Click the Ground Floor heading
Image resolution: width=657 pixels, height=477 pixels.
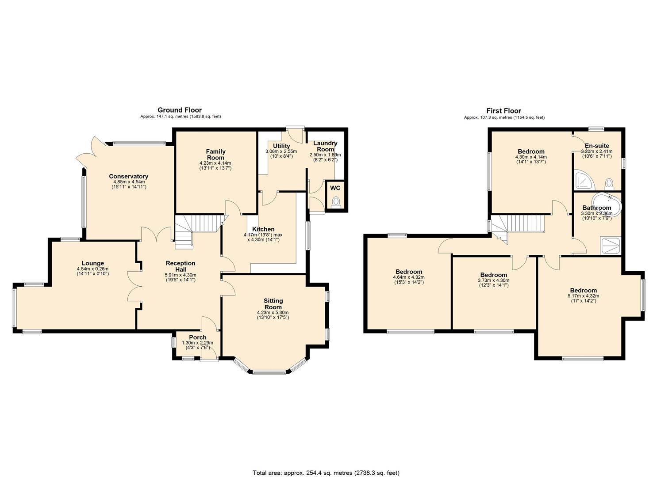coord(180,110)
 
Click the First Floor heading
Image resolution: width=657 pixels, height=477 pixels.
coord(503,111)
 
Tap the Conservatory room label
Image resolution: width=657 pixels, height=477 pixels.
coord(128,176)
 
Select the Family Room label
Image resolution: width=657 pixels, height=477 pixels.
coord(215,155)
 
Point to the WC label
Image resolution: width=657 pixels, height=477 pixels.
coord(335,188)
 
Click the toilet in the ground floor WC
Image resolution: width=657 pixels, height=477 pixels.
coord(336,202)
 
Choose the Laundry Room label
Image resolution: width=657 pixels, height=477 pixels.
coord(325,146)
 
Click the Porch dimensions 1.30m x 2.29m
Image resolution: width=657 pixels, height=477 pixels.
coord(197,343)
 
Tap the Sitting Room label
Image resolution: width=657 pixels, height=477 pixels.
coord(273,304)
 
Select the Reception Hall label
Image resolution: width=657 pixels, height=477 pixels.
coord(181,266)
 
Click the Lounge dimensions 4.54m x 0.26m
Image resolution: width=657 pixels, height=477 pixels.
coord(92,269)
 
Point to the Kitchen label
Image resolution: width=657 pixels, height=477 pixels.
coord(263,229)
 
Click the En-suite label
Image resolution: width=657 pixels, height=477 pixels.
coord(597,146)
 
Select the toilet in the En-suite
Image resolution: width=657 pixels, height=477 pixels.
coord(609,183)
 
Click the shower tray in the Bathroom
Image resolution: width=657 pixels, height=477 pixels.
coord(611,246)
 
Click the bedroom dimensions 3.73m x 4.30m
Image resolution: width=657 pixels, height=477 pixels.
coord(493,280)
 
